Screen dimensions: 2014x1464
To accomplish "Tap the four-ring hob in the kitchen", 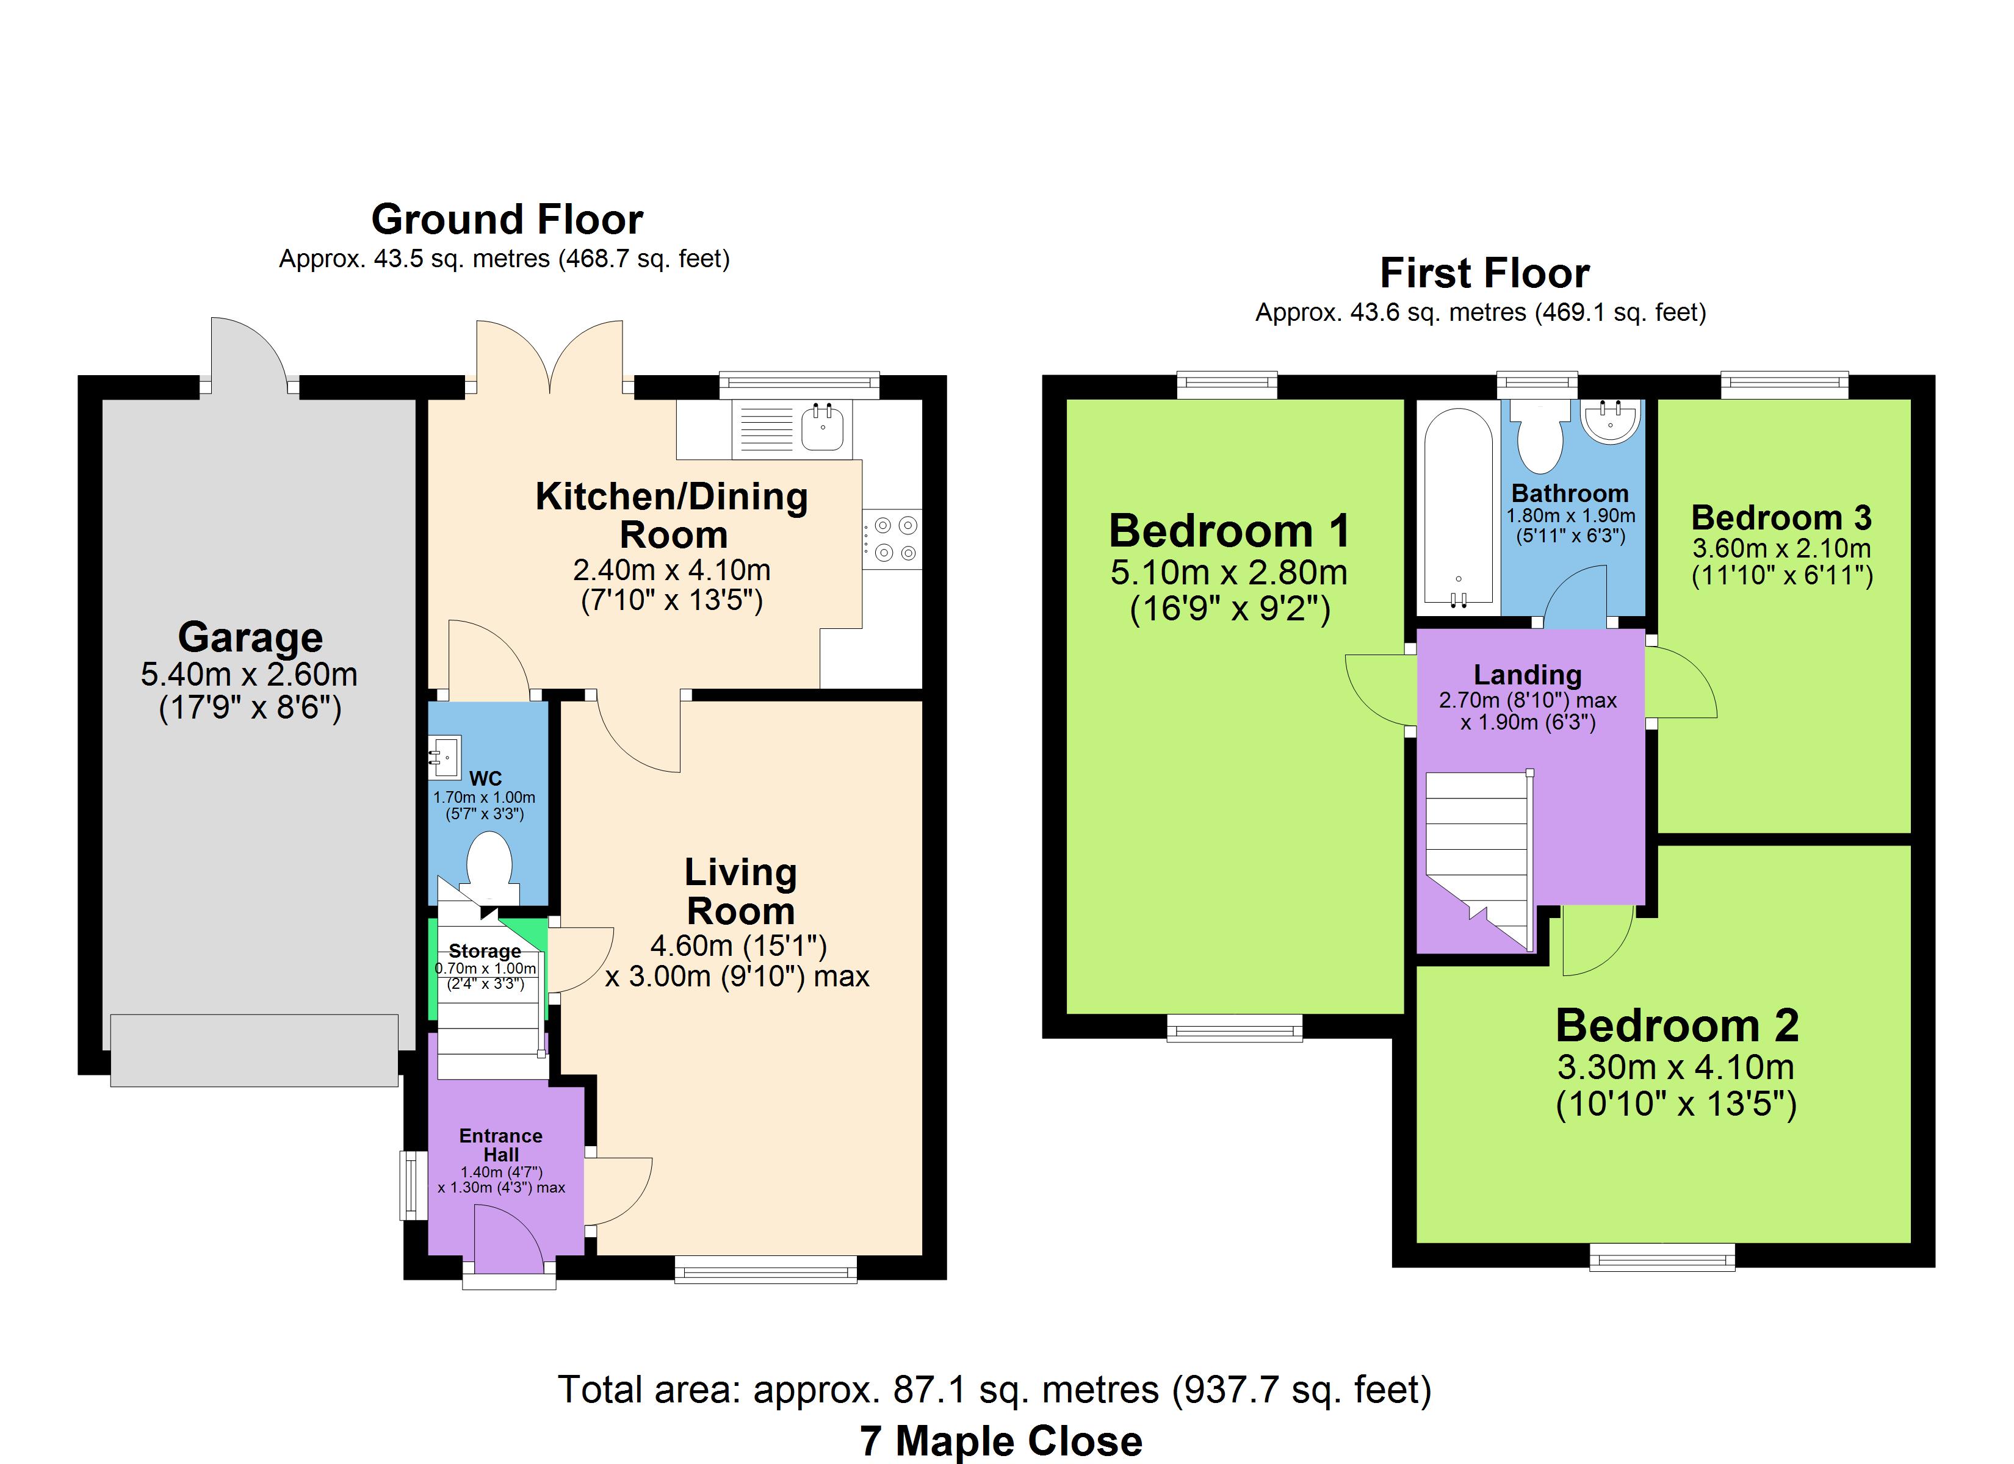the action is [892, 539].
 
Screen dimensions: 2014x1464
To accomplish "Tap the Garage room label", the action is [250, 637].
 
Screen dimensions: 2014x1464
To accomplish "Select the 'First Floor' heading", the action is [1485, 273].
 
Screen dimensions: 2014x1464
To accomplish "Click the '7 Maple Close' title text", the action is [1001, 1440].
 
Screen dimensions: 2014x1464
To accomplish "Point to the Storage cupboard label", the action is [485, 951].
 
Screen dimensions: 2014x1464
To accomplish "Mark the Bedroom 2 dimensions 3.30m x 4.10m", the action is [1676, 1066].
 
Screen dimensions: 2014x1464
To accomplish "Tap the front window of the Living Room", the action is [765, 1269].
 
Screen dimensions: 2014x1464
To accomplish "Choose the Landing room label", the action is [1528, 675].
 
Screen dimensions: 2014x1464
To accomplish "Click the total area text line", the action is [995, 1390].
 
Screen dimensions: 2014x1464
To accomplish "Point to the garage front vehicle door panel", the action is [254, 1050].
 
